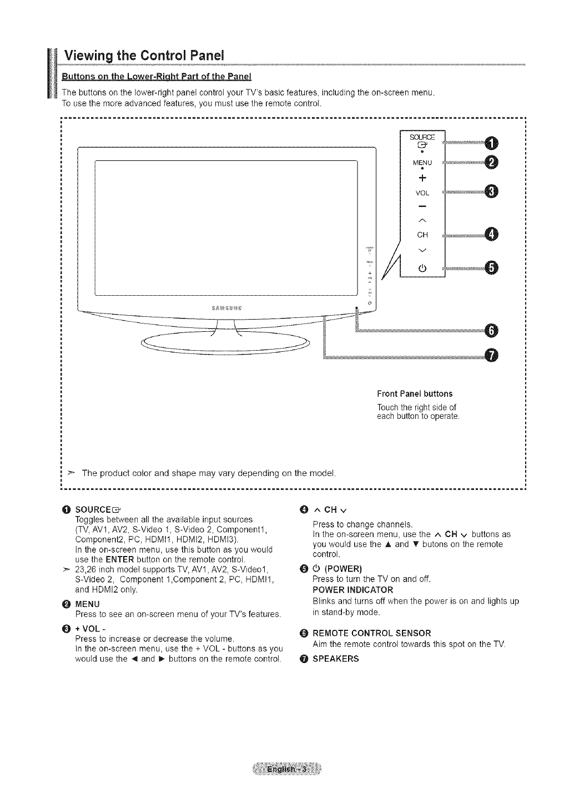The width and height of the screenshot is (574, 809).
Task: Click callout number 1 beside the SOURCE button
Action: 491,143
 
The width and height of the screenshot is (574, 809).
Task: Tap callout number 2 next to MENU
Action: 491,162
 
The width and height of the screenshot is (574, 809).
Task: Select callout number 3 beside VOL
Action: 491,191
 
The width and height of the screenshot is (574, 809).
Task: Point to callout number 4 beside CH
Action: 491,235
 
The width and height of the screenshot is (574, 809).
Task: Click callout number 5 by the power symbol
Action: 491,267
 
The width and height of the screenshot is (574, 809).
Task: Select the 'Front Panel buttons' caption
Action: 415,394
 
